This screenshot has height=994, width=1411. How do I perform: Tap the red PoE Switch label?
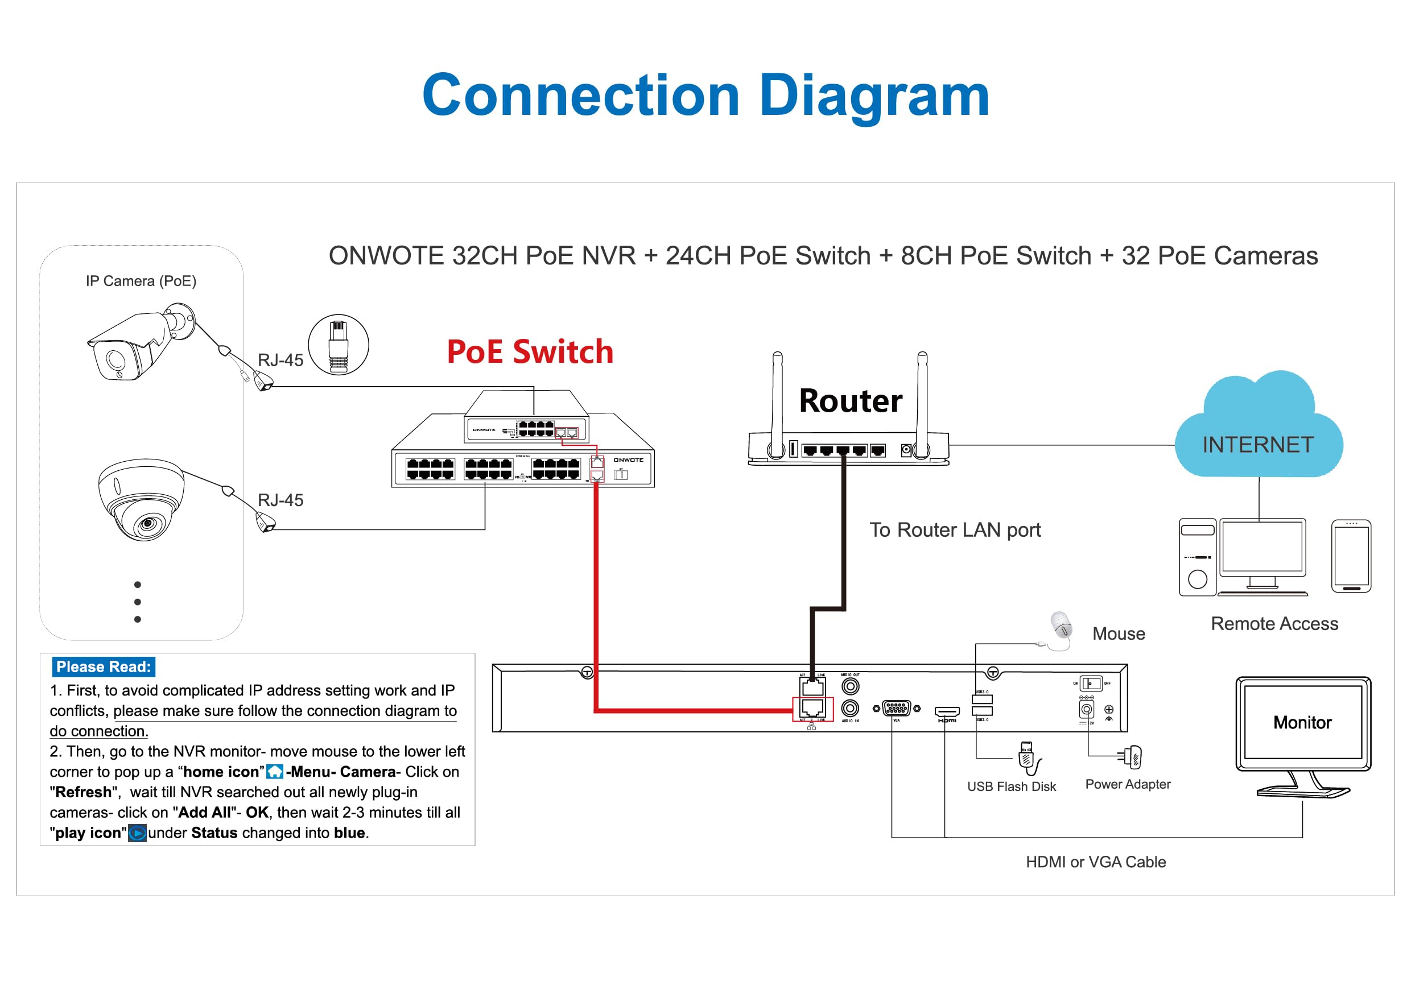click(530, 352)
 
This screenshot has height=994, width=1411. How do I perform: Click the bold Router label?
click(850, 401)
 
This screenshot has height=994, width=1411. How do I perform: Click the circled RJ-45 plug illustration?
click(338, 345)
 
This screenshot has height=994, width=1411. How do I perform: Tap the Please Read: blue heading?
click(103, 666)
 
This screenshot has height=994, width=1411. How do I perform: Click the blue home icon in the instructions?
click(274, 772)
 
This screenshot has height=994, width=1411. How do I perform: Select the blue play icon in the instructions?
click(137, 833)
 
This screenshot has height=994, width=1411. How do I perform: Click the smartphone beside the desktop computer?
click(1351, 556)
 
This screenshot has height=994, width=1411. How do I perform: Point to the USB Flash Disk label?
click(1011, 786)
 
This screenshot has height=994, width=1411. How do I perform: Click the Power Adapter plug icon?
click(1132, 757)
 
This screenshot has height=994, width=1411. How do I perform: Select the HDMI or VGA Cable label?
click(1095, 862)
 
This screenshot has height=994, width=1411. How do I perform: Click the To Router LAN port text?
click(954, 529)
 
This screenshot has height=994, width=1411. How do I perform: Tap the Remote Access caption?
click(1274, 624)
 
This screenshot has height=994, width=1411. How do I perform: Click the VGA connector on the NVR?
click(897, 709)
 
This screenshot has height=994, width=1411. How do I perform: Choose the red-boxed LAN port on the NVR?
click(812, 709)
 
